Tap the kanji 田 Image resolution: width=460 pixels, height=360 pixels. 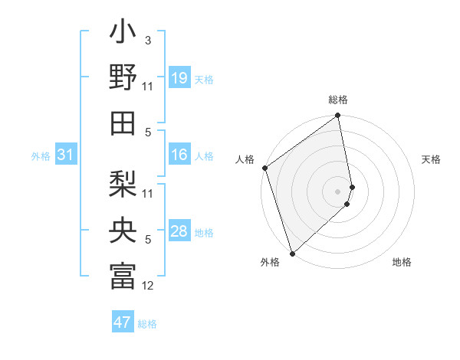click(x=123, y=123)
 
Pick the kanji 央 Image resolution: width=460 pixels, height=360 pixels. click(x=123, y=231)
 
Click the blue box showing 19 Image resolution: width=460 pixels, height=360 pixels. click(x=179, y=78)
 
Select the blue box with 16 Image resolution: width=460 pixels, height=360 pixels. click(x=179, y=155)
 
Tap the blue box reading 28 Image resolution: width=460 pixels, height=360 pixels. click(x=179, y=232)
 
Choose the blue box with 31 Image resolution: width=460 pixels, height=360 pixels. click(x=66, y=155)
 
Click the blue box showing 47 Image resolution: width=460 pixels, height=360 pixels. click(x=123, y=322)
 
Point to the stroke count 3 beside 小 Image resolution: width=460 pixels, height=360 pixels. click(x=147, y=39)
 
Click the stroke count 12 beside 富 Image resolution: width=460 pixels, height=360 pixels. click(x=148, y=286)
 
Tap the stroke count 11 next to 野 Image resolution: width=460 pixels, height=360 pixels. click(x=148, y=87)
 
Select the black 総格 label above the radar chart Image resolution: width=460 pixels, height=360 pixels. click(x=338, y=100)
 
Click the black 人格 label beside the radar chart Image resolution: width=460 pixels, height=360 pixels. click(x=245, y=159)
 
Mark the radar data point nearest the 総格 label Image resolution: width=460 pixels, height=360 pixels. click(x=338, y=116)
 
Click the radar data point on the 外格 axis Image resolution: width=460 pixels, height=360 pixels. click(x=292, y=254)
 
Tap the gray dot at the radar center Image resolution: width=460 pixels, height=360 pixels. click(x=337, y=191)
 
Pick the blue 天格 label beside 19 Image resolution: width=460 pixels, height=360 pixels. click(x=204, y=79)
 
